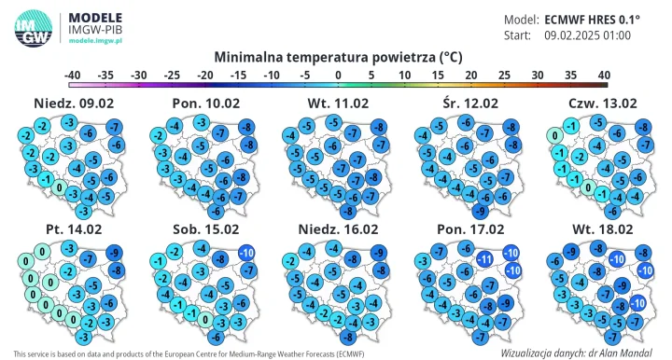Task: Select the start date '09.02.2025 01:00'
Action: (x=587, y=35)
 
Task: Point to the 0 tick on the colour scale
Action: (x=338, y=75)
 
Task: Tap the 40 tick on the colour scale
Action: (x=603, y=75)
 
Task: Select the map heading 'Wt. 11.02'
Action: (x=337, y=103)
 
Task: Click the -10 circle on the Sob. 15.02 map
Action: (x=246, y=253)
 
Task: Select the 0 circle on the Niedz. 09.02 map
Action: (x=60, y=188)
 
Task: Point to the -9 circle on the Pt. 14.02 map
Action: (x=114, y=253)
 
